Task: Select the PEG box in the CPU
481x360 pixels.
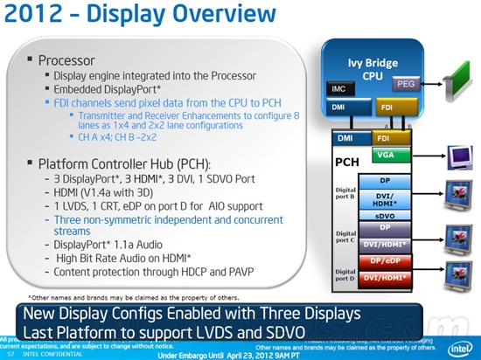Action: tap(405, 84)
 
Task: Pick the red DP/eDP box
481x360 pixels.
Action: tap(385, 261)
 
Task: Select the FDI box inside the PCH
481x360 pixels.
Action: tap(382, 137)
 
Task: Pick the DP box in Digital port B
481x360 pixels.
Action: tap(385, 181)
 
